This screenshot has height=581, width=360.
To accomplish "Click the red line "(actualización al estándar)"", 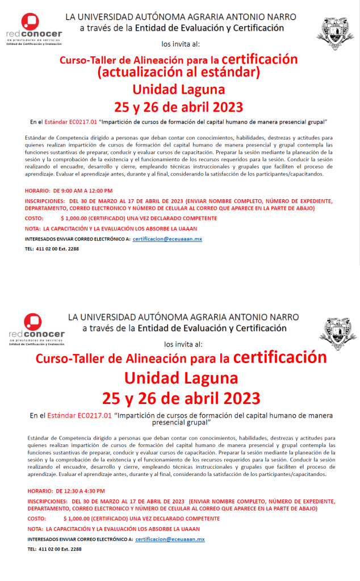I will click(179, 73).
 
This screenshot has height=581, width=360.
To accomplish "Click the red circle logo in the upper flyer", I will click(30, 22).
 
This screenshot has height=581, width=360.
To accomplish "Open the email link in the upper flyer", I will click(168, 239).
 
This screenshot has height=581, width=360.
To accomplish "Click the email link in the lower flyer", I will click(170, 539).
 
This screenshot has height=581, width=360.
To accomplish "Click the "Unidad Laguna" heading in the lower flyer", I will click(181, 378).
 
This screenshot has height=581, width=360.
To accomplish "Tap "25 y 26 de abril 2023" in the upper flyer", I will click(178, 107).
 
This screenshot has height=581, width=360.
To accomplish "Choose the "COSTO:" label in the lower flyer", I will click(36, 519).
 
